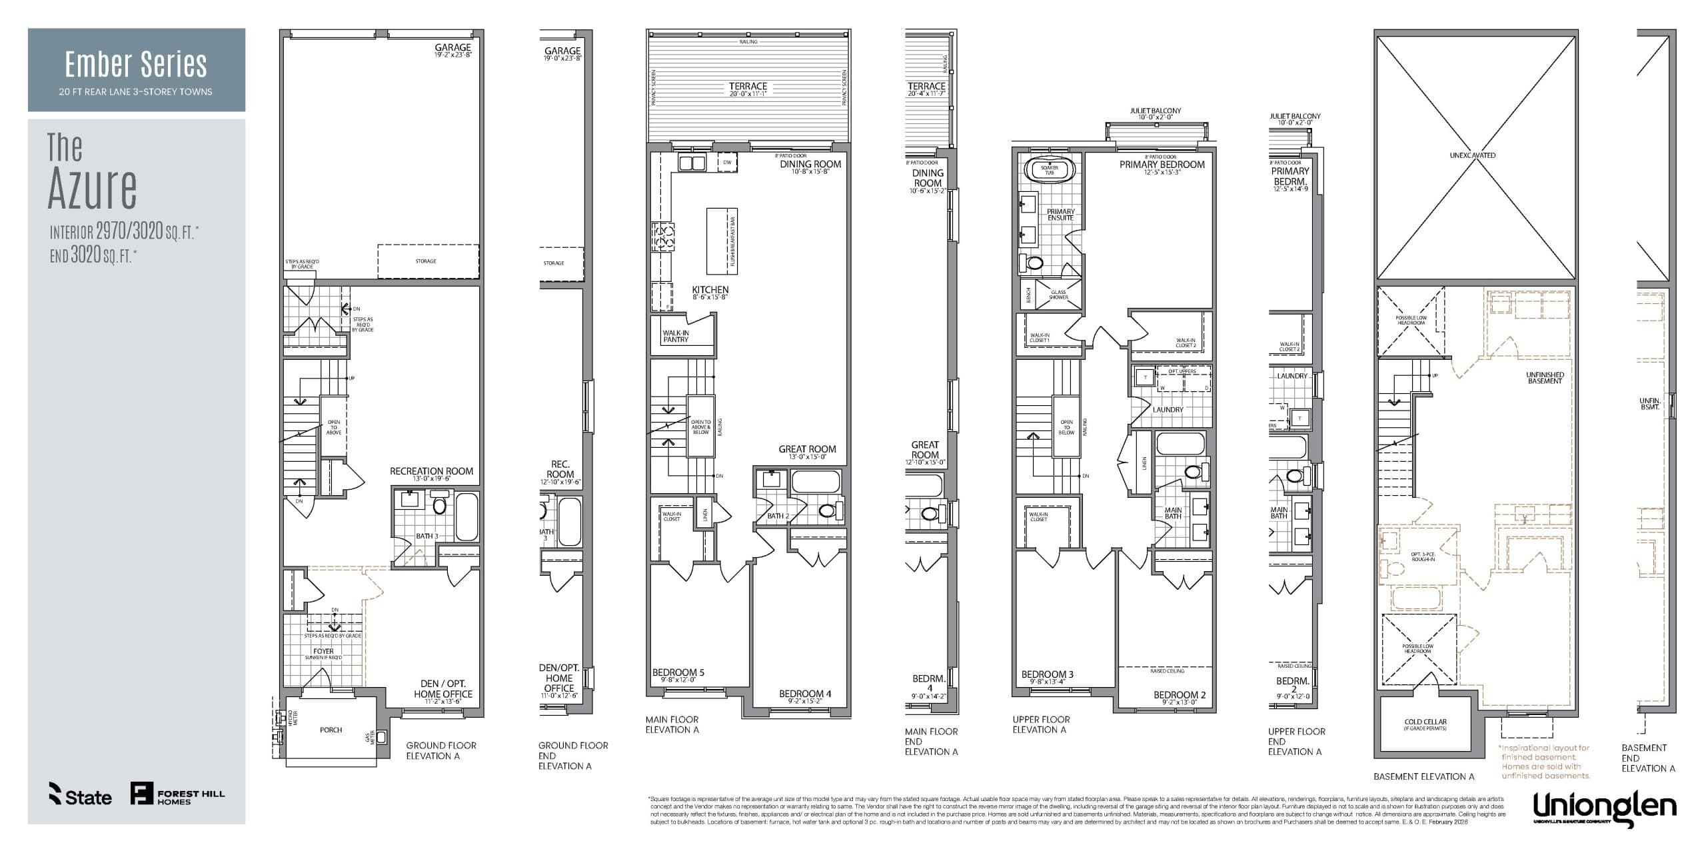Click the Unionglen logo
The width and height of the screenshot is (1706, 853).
(1604, 807)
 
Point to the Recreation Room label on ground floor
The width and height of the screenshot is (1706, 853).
(431, 471)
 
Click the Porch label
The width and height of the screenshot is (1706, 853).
(331, 730)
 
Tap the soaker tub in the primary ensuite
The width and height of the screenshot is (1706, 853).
(1049, 170)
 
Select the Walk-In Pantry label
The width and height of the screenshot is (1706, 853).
(676, 336)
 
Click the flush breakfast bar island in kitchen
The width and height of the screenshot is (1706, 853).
(721, 240)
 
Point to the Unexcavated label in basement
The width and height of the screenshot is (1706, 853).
(1472, 155)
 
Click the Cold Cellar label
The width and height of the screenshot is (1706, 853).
(1425, 722)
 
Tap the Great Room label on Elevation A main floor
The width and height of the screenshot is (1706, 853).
(807, 449)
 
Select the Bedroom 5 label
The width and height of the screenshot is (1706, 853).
(678, 672)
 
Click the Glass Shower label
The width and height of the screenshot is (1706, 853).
(1058, 295)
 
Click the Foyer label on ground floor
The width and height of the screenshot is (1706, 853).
(323, 651)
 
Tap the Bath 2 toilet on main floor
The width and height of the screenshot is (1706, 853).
(827, 511)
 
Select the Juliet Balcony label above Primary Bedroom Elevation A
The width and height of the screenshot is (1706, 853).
(1155, 111)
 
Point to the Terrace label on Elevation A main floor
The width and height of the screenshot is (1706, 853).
(748, 86)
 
